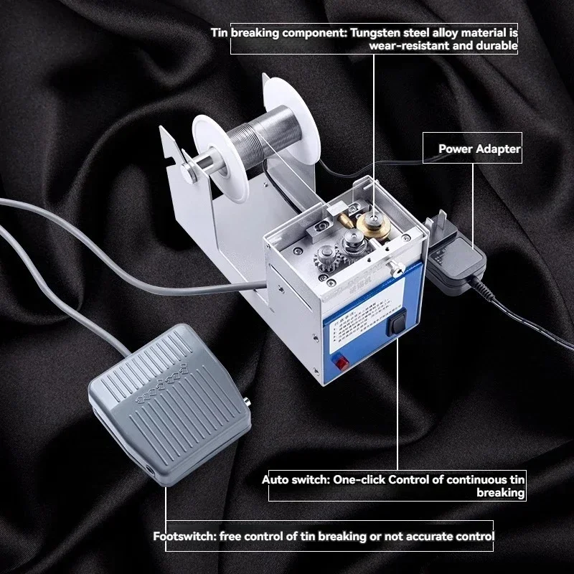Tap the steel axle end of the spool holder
(188, 169)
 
